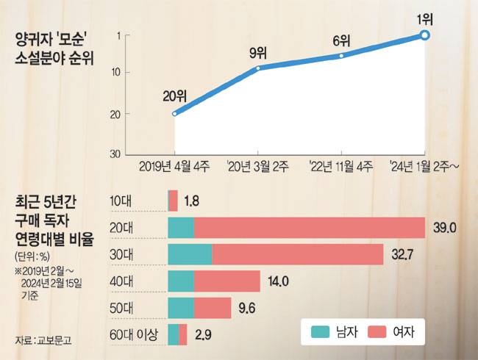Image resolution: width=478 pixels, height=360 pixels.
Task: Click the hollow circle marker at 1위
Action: point(425,35)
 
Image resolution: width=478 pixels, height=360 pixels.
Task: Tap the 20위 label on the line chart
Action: point(174,96)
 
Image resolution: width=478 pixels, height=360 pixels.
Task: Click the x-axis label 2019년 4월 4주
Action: point(174,166)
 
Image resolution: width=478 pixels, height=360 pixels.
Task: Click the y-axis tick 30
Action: point(115,154)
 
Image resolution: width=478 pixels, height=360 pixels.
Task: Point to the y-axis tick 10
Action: point(115,72)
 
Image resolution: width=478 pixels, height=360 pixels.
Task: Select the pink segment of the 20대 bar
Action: point(310,227)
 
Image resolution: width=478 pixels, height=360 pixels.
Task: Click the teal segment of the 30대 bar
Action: point(190,254)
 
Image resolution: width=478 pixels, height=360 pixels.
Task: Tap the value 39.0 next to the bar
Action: point(445,228)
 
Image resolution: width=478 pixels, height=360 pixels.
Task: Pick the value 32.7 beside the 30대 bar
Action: point(402,254)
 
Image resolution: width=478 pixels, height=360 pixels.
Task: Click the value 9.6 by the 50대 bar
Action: point(248,308)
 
